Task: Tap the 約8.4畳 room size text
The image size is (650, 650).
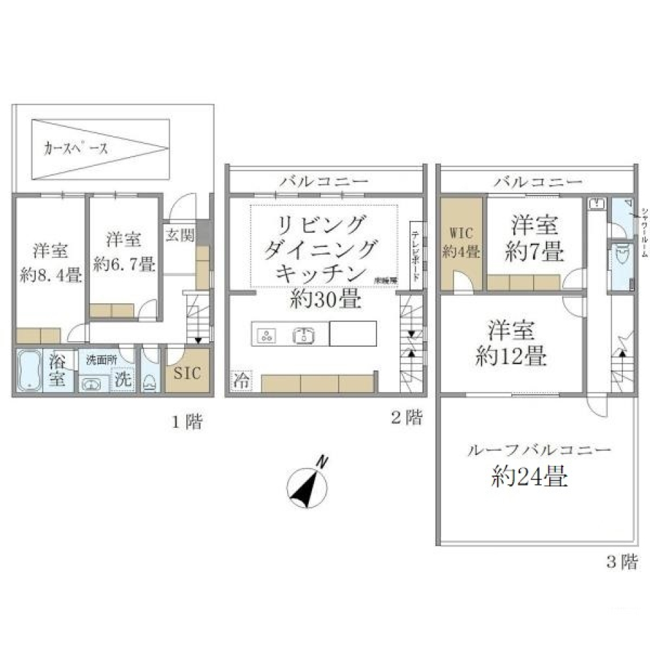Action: (51, 278)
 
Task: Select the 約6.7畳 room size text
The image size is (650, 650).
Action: (125, 265)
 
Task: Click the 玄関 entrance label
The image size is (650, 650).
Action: (179, 236)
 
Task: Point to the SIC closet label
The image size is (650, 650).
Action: (188, 373)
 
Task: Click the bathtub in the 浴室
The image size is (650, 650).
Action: (28, 371)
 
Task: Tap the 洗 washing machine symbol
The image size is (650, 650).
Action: (123, 380)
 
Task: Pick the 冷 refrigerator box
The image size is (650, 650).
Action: (240, 382)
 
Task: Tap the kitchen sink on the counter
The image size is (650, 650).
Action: (302, 334)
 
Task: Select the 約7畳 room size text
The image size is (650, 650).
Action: (534, 253)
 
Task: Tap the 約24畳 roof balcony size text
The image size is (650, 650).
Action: (529, 478)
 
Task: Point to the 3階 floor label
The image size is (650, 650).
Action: (620, 561)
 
